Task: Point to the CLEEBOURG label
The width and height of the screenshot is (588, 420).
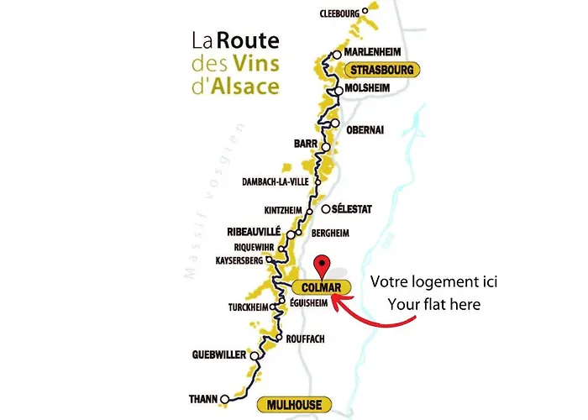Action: click(x=339, y=13)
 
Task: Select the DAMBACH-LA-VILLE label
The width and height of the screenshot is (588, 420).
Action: click(x=276, y=181)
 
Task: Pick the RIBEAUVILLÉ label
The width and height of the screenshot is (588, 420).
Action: click(x=254, y=231)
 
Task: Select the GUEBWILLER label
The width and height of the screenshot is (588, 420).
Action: click(x=218, y=354)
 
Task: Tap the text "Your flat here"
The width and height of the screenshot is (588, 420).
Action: click(x=433, y=303)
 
